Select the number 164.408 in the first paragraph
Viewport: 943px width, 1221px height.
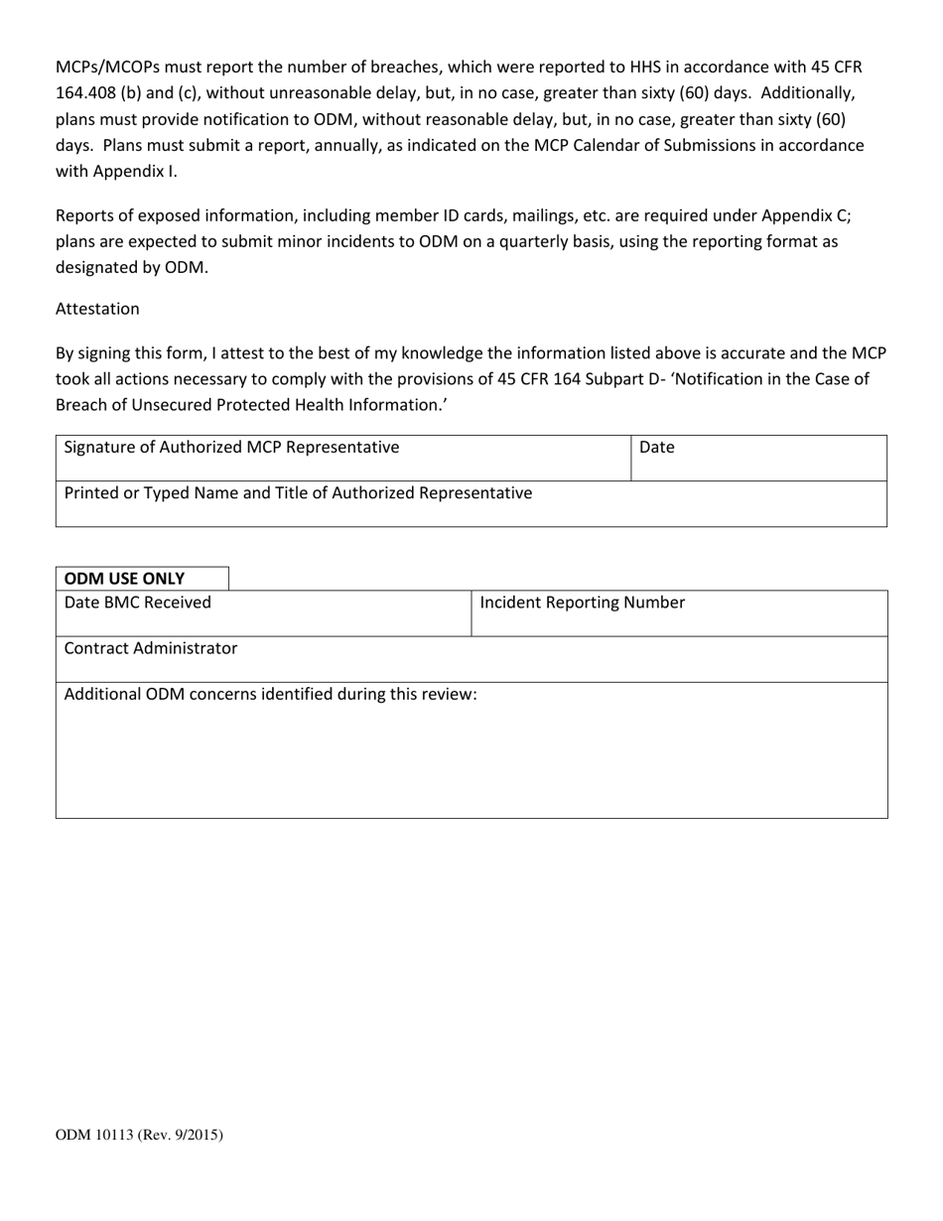coord(87,93)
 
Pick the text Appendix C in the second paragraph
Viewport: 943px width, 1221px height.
coord(803,215)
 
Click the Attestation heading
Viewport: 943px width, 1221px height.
coord(97,309)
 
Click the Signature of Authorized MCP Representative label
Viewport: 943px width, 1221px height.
coord(231,448)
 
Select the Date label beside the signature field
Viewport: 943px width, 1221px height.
coord(657,448)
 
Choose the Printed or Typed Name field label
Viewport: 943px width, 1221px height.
coord(298,492)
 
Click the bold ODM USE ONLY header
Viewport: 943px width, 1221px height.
coord(124,579)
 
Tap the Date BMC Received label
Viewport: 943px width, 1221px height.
coord(138,603)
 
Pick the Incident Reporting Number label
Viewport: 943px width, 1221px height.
coord(583,603)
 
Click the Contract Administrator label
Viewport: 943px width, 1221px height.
coord(151,648)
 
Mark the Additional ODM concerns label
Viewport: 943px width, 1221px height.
coord(270,694)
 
